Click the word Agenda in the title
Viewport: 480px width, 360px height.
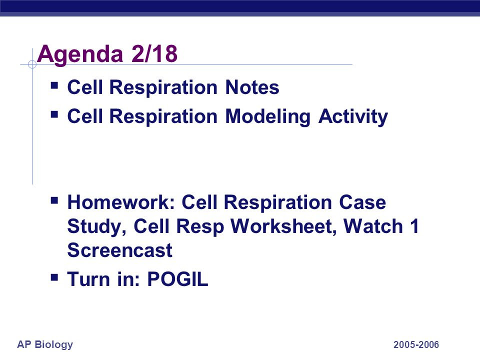pyautogui.click(x=80, y=55)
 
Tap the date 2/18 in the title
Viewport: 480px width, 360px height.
pyautogui.click(x=154, y=53)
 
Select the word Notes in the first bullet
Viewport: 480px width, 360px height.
pyautogui.click(x=252, y=87)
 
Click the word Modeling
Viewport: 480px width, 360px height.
pyautogui.click(x=268, y=117)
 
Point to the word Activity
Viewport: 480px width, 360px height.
pyautogui.click(x=353, y=117)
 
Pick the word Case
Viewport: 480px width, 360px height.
pyautogui.click(x=362, y=202)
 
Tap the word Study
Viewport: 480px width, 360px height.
pyautogui.click(x=96, y=227)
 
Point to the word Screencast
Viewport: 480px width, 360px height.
pyautogui.click(x=119, y=250)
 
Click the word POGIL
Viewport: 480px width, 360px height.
pyautogui.click(x=177, y=279)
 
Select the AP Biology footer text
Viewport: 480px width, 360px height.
pyautogui.click(x=45, y=344)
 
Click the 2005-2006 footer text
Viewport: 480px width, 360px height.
pyautogui.click(x=416, y=344)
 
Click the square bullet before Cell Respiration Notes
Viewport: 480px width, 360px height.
pyautogui.click(x=54, y=85)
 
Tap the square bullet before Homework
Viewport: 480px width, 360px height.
pyautogui.click(x=54, y=200)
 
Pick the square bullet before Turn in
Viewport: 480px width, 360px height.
pyautogui.click(x=54, y=277)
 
